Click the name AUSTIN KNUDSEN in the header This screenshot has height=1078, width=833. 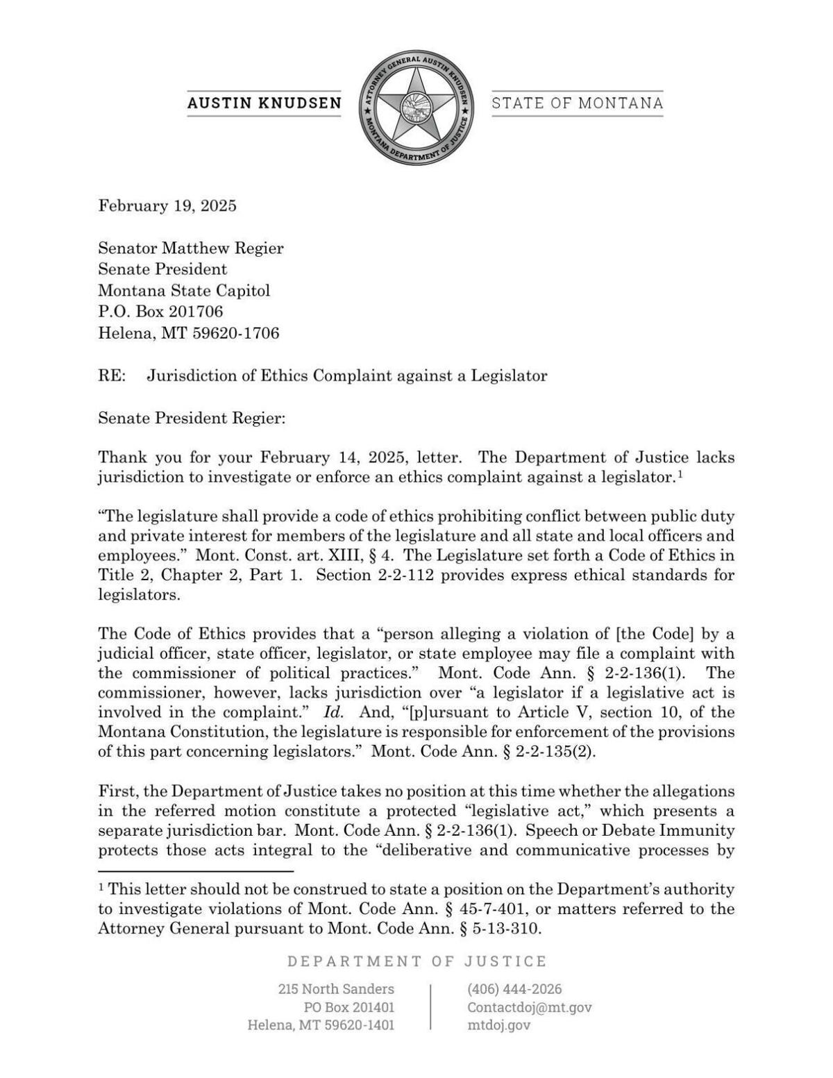click(264, 103)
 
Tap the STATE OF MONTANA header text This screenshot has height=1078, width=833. click(577, 103)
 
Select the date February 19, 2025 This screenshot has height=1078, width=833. click(167, 205)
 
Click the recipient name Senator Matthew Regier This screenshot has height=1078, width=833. click(191, 248)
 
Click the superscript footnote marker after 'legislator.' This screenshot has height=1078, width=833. click(681, 474)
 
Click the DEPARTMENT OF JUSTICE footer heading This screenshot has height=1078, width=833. click(417, 961)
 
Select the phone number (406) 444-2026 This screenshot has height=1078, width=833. click(514, 988)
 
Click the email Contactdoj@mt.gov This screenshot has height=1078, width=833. click(529, 1007)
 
